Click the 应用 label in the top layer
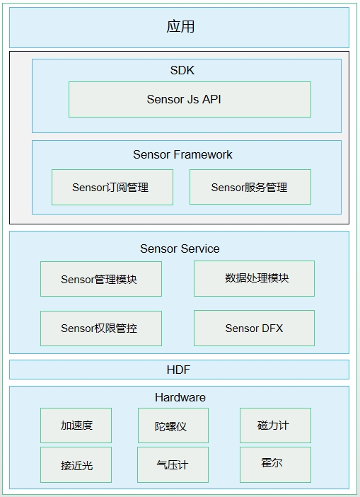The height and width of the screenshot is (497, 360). pyautogui.click(x=180, y=27)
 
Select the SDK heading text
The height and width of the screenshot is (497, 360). pyautogui.click(x=182, y=70)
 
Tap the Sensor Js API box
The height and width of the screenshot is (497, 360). pyautogui.click(x=190, y=100)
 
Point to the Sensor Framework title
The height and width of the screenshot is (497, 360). pyautogui.click(x=182, y=154)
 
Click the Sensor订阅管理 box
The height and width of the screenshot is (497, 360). pyautogui.click(x=112, y=187)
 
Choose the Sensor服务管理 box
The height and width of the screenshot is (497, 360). pyautogui.click(x=250, y=187)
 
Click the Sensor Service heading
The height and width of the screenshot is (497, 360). pyautogui.click(x=180, y=248)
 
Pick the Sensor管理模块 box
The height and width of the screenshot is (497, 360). pyautogui.click(x=101, y=279)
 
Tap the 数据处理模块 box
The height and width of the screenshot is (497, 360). pyautogui.click(x=254, y=279)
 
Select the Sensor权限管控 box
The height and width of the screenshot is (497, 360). pyautogui.click(x=101, y=329)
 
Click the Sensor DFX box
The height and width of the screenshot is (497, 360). pyautogui.click(x=254, y=328)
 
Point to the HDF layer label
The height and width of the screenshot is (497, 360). pyautogui.click(x=178, y=370)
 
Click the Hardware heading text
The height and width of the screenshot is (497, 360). pyautogui.click(x=180, y=397)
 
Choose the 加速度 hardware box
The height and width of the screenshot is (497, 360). pyautogui.click(x=76, y=425)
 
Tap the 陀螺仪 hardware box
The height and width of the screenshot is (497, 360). pyautogui.click(x=173, y=425)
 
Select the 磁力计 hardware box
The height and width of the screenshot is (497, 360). pyautogui.click(x=275, y=425)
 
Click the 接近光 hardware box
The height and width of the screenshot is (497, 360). pyautogui.click(x=76, y=464)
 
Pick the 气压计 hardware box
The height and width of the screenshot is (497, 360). pyautogui.click(x=173, y=464)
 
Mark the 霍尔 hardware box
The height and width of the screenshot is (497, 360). pyautogui.click(x=275, y=464)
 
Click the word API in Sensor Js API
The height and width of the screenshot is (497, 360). pyautogui.click(x=211, y=99)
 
